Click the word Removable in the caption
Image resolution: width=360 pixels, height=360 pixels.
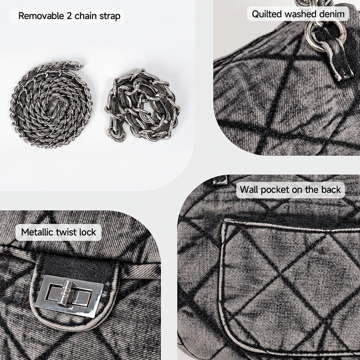pyautogui.click(x=41, y=16)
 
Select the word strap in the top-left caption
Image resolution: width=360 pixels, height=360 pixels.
pyautogui.click(x=110, y=16)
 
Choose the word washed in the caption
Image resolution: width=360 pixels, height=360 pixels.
pyautogui.click(x=300, y=14)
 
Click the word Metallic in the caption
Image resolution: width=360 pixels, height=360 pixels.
pyautogui.click(x=39, y=232)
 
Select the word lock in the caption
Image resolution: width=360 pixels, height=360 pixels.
pyautogui.click(x=89, y=232)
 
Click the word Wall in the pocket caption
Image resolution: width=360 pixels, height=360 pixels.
pyautogui.click(x=249, y=190)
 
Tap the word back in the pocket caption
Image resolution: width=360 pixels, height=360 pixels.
pyautogui.click(x=331, y=190)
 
